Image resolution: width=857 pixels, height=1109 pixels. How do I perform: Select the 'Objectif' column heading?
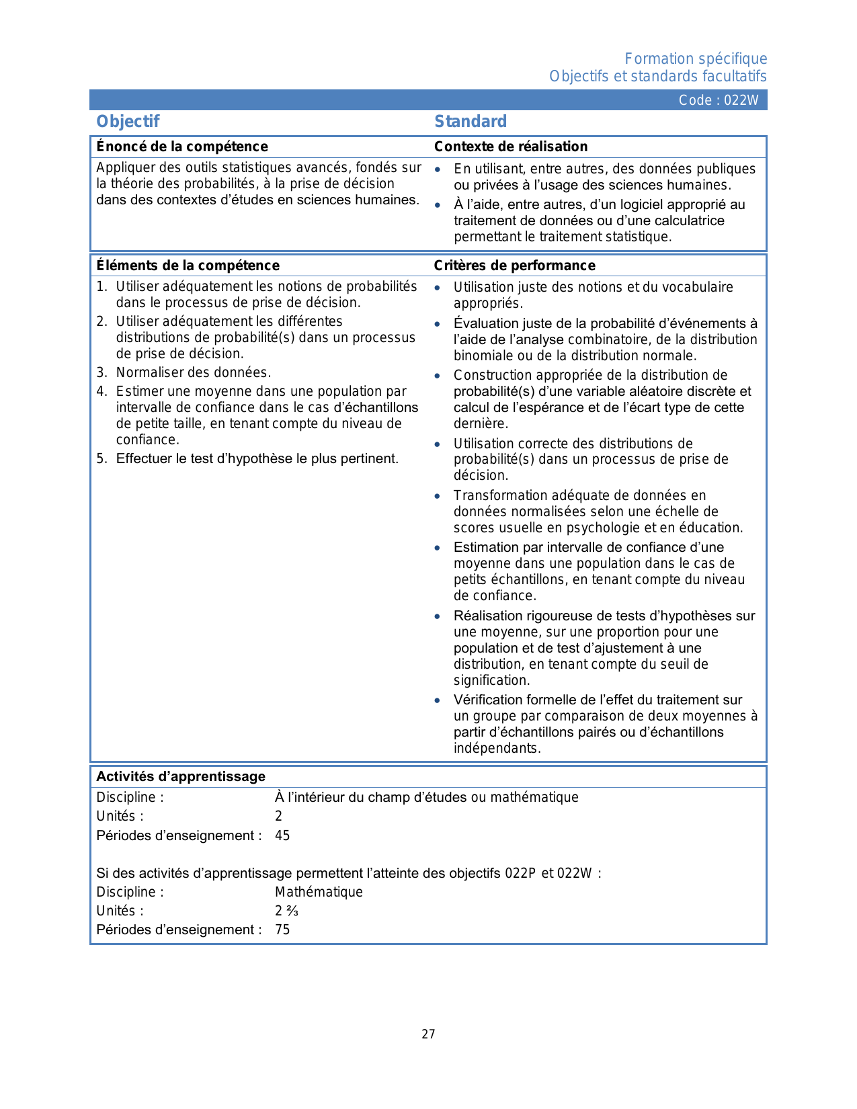tap(128, 122)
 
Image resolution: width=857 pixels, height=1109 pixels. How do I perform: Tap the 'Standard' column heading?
tap(471, 122)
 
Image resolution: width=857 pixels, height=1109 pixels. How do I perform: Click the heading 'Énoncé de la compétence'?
tap(182, 147)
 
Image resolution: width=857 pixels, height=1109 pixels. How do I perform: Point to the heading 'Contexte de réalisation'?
tap(511, 147)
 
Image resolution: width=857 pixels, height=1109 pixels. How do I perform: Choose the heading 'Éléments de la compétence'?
tap(188, 265)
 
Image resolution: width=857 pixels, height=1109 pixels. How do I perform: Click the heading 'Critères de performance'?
tap(515, 265)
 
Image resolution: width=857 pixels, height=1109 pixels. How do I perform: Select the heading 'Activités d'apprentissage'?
tap(181, 776)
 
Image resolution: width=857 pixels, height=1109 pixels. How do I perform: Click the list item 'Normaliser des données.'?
tap(194, 372)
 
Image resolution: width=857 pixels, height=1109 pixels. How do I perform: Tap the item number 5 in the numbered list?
tap(101, 458)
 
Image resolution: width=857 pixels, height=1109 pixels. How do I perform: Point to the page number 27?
tap(428, 1034)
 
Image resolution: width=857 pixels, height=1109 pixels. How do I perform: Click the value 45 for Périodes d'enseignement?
tap(282, 835)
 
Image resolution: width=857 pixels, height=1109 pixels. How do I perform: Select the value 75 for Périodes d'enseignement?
tap(282, 930)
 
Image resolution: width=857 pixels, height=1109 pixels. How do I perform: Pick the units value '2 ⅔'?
tap(286, 911)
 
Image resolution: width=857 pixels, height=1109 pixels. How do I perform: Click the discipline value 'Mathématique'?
tap(319, 892)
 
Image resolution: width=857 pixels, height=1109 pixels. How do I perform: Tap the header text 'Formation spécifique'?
tap(696, 59)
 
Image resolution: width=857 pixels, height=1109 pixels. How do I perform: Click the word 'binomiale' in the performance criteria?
tap(481, 356)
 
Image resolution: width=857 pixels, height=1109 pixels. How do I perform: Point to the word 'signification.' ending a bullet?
tap(492, 680)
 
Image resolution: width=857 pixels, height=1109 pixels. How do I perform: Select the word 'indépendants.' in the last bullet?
tap(497, 748)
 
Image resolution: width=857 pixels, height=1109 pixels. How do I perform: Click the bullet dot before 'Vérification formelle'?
tap(438, 700)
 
